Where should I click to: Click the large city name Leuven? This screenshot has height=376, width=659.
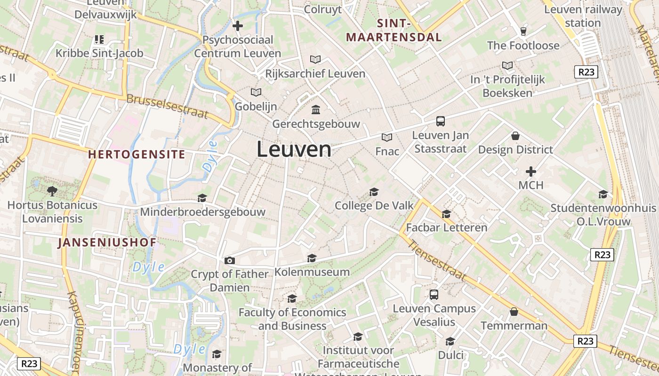click(x=294, y=149)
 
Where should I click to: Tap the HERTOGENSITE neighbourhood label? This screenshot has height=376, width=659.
click(x=137, y=154)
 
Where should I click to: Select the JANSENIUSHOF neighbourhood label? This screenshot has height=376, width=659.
click(x=107, y=243)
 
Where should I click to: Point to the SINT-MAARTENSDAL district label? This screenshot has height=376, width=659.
click(x=394, y=31)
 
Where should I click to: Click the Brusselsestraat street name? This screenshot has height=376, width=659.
click(x=167, y=106)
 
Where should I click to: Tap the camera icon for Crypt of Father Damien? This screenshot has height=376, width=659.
click(x=230, y=260)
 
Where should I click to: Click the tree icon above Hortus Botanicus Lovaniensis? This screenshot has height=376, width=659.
click(x=52, y=191)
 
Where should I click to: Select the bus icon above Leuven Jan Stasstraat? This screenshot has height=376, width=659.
click(x=440, y=121)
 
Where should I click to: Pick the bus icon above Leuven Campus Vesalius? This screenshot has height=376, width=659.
click(x=434, y=295)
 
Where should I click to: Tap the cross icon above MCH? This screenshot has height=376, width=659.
click(x=531, y=171)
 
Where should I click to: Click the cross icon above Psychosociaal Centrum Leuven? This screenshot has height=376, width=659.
click(x=238, y=25)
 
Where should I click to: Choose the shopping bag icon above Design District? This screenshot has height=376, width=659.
click(x=515, y=136)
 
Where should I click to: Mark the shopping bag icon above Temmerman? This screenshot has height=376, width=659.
click(x=514, y=312)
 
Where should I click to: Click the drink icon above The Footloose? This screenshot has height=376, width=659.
click(x=523, y=31)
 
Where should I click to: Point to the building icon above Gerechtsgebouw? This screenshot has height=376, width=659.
click(x=316, y=110)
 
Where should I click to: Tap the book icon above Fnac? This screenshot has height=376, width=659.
click(x=387, y=137)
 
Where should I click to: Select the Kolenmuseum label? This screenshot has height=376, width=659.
click(x=312, y=272)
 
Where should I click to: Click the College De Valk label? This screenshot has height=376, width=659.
click(x=374, y=205)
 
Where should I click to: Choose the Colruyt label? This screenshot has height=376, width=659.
click(x=322, y=9)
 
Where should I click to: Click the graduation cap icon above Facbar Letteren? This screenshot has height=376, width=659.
click(x=446, y=214)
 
